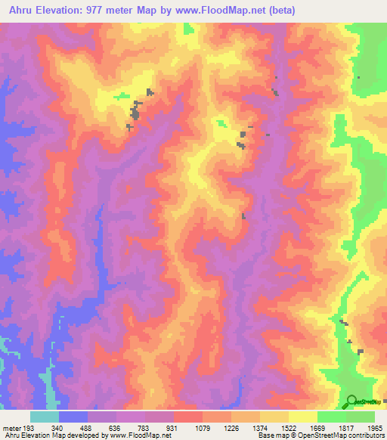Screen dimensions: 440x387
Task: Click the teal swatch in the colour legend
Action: click(45, 417)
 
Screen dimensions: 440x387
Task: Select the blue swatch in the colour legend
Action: click(73, 417)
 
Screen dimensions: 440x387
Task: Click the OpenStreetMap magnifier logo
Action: click(352, 401)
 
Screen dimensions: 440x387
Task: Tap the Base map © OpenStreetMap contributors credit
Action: click(321, 435)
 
